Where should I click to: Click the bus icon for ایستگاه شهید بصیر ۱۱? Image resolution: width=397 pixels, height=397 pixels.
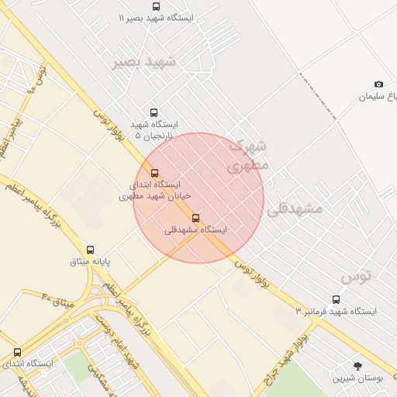pyautogui.click(x=157, y=6)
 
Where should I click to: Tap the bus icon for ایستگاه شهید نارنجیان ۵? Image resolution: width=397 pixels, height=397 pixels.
pyautogui.click(x=154, y=112)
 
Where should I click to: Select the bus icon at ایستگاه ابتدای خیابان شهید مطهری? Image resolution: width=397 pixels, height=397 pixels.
pyautogui.click(x=154, y=173)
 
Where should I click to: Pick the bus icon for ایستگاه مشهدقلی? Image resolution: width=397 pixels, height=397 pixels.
pyautogui.click(x=195, y=218)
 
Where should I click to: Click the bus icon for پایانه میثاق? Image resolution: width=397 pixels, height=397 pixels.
pyautogui.click(x=91, y=250)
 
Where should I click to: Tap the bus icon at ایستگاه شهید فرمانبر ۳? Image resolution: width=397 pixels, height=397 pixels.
pyautogui.click(x=336, y=299)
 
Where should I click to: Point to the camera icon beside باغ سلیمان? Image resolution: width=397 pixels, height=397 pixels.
pyautogui.click(x=378, y=84)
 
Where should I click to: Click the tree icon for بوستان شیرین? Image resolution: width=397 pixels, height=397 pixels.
pyautogui.click(x=357, y=365)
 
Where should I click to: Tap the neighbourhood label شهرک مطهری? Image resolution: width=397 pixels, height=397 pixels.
pyautogui.click(x=250, y=154)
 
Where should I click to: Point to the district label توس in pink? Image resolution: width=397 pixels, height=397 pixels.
pyautogui.click(x=357, y=275)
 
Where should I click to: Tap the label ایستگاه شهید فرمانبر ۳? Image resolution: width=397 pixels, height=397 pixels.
pyautogui.click(x=336, y=311)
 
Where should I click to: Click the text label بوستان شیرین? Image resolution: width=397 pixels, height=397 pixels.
pyautogui.click(x=358, y=378)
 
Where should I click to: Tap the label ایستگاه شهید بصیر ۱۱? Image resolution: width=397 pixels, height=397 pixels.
pyautogui.click(x=156, y=17)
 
